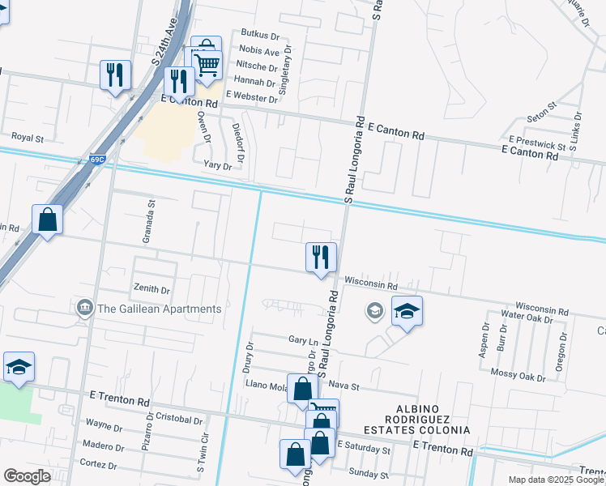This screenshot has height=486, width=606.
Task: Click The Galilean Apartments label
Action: [160, 309]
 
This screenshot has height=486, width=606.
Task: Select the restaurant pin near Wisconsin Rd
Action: [321, 258]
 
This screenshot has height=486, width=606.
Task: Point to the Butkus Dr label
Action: [259, 36]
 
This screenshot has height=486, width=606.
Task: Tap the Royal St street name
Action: [27, 139]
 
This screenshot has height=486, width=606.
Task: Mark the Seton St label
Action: [541, 111]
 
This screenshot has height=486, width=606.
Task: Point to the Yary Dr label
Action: [217, 166]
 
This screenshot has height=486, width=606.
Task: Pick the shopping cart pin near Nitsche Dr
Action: [208, 65]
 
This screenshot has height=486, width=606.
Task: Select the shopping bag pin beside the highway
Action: [47, 220]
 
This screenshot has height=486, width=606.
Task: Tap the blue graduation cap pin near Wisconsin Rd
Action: [407, 312]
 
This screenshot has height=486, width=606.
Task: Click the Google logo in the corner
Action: [27, 476]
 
